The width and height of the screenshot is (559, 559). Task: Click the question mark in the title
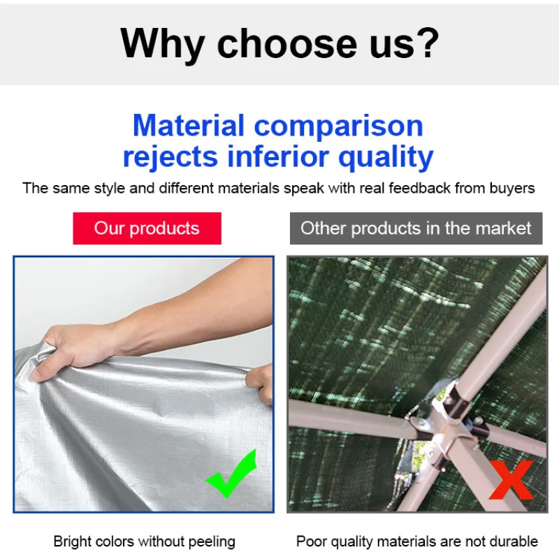427,43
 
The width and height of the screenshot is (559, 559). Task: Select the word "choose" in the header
287,43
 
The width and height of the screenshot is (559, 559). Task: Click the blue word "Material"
189,126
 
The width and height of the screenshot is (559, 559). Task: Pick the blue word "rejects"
170,157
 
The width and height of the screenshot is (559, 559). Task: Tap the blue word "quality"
386,157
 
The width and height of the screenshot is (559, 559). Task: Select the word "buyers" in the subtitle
512,189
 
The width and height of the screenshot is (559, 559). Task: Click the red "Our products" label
147,228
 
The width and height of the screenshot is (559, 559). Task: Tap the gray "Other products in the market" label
416,228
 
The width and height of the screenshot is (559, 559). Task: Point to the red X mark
512,480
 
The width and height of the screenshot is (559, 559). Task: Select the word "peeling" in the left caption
212,542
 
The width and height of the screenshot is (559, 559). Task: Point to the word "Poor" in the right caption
311,541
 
